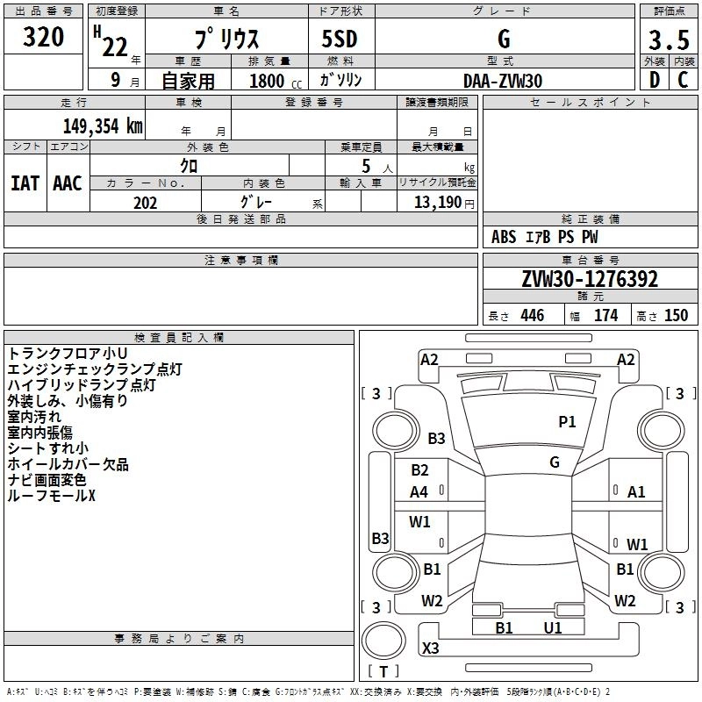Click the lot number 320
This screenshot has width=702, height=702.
click(x=43, y=37)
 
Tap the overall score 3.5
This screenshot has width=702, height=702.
click(x=669, y=39)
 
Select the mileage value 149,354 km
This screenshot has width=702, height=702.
click(x=103, y=125)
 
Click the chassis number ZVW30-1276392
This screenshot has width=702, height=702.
click(x=590, y=279)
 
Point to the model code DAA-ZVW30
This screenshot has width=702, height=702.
click(x=503, y=81)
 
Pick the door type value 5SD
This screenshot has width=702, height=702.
click(x=340, y=39)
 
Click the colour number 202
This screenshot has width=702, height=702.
click(x=145, y=203)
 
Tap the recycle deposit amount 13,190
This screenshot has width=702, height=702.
click(x=438, y=202)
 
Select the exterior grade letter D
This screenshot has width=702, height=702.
click(x=655, y=80)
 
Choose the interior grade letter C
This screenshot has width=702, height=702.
click(x=683, y=80)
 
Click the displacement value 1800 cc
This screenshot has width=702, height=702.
click(x=276, y=81)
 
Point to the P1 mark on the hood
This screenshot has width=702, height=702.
click(x=567, y=421)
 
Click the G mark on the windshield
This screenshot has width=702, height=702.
click(x=555, y=462)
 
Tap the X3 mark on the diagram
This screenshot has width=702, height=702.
click(x=430, y=648)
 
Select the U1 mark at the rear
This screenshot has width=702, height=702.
click(x=553, y=627)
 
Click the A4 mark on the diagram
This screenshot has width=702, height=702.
click(x=419, y=492)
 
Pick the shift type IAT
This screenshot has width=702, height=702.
click(x=25, y=183)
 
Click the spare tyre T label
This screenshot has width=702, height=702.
click(x=383, y=671)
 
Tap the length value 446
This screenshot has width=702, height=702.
click(x=533, y=315)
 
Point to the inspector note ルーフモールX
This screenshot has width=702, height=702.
click(x=52, y=496)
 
